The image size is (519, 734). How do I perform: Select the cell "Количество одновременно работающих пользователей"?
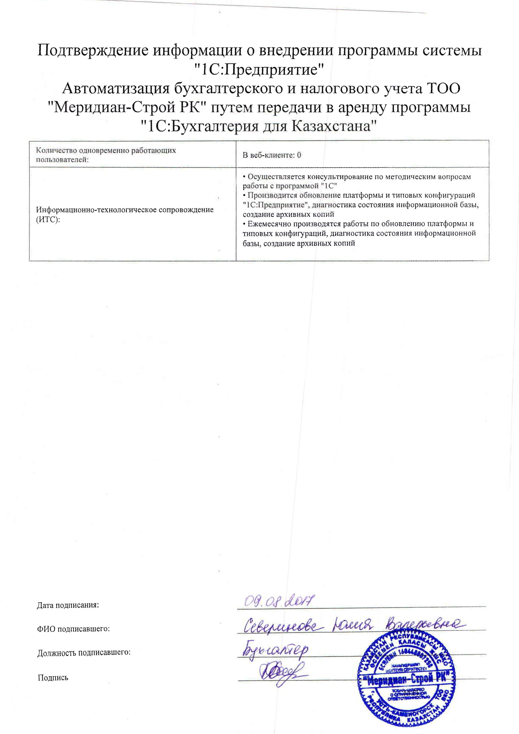click(106, 155)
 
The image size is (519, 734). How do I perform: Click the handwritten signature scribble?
click(281, 673)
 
